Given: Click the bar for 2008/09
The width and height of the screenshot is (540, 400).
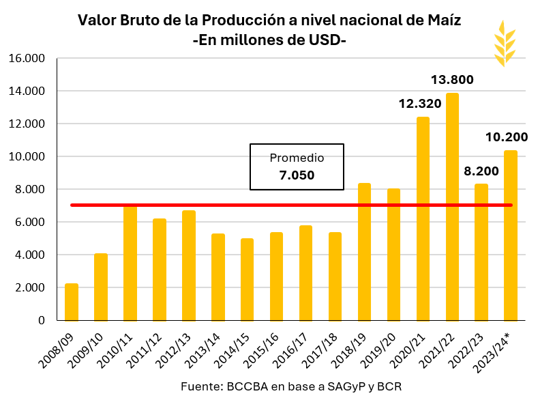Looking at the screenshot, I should tap(72, 302).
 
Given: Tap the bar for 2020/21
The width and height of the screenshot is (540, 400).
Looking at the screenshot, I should tap(423, 218).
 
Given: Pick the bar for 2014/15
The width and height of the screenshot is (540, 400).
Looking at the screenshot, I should tap(247, 279).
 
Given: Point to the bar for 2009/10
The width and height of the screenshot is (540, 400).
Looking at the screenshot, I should tap(101, 287).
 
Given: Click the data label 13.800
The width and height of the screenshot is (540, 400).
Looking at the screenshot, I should tap(452, 80).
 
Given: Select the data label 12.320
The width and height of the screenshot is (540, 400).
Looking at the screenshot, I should tap(420, 104).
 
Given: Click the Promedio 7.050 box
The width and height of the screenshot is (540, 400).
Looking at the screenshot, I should tap(297, 167).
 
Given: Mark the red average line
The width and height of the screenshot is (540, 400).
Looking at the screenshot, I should tap(205, 205).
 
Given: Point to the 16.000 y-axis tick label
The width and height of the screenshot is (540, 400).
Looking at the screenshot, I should tap(27, 59).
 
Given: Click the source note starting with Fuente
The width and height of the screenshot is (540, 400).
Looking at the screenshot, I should tap(291, 386).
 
